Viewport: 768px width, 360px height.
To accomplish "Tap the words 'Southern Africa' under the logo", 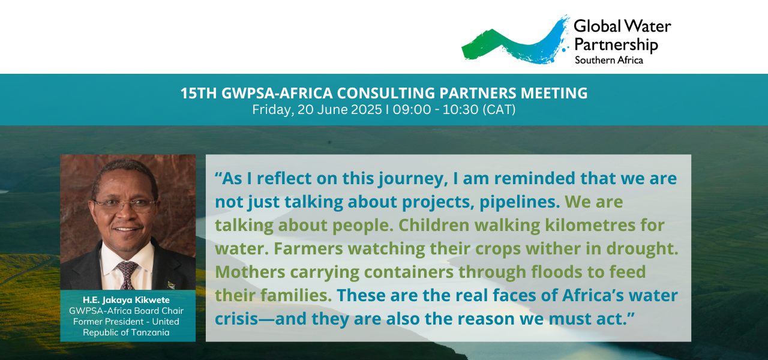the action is pyautogui.click(x=609, y=61).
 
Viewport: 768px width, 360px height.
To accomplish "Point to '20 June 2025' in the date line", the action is pyautogui.click(x=340, y=110).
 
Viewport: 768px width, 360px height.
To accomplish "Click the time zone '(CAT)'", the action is pyautogui.click(x=499, y=110).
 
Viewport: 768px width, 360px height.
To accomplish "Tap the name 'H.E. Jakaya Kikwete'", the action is pyautogui.click(x=126, y=300).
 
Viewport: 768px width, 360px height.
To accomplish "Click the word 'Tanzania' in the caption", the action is pyautogui.click(x=150, y=332).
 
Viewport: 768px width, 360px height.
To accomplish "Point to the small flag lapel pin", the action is pyautogui.click(x=171, y=285).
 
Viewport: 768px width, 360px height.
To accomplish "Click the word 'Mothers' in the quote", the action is pyautogui.click(x=250, y=272).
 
